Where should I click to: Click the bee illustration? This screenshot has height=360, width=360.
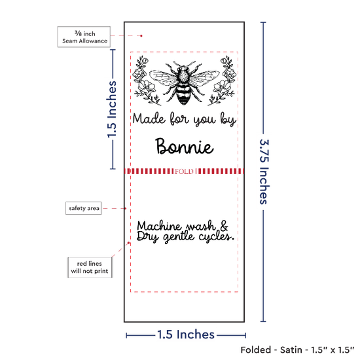[x=185, y=82]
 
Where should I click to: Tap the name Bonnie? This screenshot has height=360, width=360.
[x=185, y=146]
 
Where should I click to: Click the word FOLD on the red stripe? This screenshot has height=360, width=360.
[x=184, y=171]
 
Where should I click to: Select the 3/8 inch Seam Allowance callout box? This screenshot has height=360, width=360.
[x=84, y=37]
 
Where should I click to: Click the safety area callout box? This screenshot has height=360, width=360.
[x=84, y=208]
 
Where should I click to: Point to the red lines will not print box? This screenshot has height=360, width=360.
[x=90, y=268]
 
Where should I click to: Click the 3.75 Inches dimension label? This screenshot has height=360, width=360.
[x=264, y=171]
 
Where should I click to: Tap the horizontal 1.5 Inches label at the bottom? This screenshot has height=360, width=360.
[x=186, y=334]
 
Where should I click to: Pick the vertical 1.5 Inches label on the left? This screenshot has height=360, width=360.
[x=112, y=109]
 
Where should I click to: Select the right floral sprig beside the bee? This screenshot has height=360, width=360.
[x=222, y=81]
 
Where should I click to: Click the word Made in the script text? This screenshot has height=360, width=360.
[x=149, y=118]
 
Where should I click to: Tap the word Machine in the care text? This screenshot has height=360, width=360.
[x=159, y=226]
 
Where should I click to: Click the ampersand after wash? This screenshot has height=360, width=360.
[x=224, y=226]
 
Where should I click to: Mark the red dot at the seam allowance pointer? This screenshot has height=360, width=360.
[x=141, y=36]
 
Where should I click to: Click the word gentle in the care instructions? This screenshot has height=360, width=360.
[x=179, y=237]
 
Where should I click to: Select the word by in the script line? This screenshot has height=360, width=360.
[x=228, y=119]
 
